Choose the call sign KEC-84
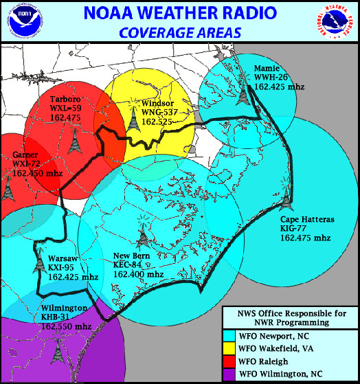click(x=128, y=265)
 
